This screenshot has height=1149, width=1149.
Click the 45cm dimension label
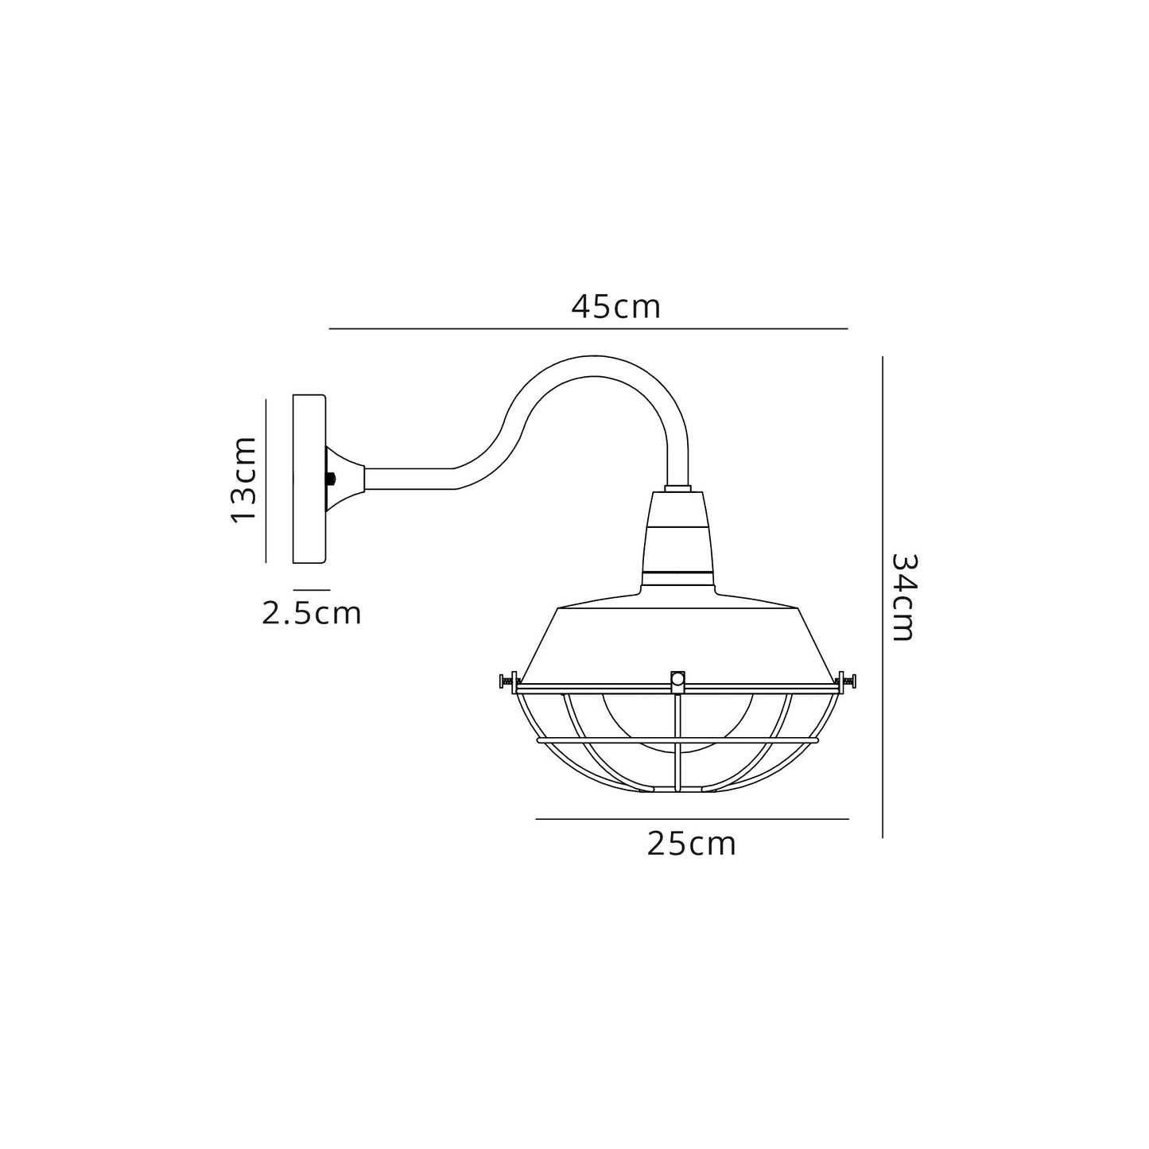615,307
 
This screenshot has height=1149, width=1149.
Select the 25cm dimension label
691,844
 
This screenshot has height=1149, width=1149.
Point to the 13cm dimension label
243,479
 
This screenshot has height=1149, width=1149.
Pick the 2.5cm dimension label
312,613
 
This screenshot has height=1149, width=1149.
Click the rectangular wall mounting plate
309,479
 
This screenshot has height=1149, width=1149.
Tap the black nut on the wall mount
330,479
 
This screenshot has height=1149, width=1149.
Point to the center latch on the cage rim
677,680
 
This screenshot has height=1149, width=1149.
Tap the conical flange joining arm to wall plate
347,479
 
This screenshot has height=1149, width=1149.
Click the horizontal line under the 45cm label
588,328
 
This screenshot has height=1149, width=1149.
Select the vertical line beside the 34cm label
883,596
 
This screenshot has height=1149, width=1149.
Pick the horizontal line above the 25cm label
692,818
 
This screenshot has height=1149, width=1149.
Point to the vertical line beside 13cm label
266,480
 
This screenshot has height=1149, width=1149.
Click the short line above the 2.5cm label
312,590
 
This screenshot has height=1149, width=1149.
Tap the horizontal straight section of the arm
410,479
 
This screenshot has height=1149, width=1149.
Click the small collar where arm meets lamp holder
677,486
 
